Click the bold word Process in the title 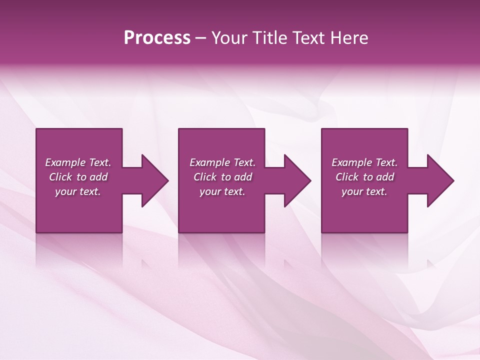pyautogui.click(x=157, y=38)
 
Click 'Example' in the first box pyautogui.click(x=65, y=162)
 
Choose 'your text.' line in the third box pyautogui.click(x=364, y=191)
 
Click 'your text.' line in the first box pyautogui.click(x=78, y=191)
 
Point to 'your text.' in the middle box pyautogui.click(x=222, y=191)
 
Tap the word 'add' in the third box pyautogui.click(x=385, y=177)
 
